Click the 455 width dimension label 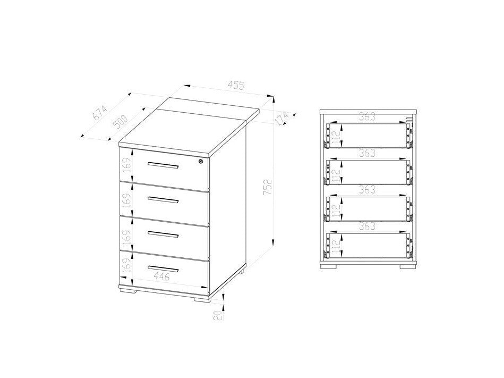point(236,85)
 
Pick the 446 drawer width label point(162,276)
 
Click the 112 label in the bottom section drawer point(336,245)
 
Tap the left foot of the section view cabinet point(333,266)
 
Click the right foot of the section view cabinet point(403,266)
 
